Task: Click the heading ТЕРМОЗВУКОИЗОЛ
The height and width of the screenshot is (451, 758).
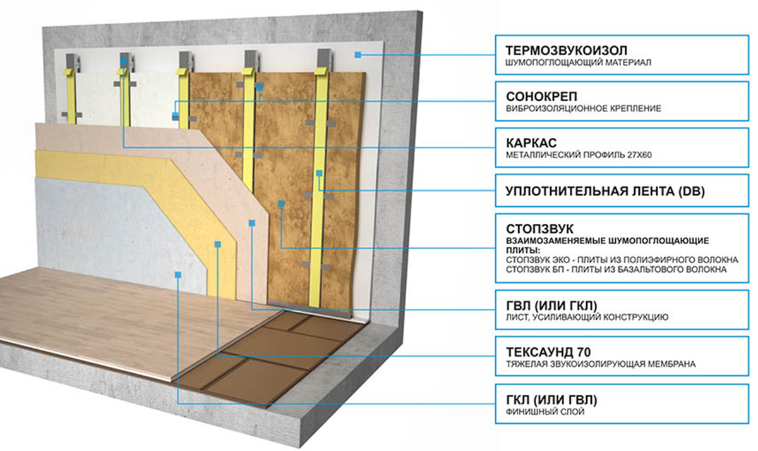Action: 562,49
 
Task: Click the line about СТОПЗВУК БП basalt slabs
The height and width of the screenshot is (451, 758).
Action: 615,269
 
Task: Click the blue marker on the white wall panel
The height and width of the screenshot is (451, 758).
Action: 358,55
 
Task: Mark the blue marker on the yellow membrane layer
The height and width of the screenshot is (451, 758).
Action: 217,244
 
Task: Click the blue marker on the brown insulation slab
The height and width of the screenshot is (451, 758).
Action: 280,203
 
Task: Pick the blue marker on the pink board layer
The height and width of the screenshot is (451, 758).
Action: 251,223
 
